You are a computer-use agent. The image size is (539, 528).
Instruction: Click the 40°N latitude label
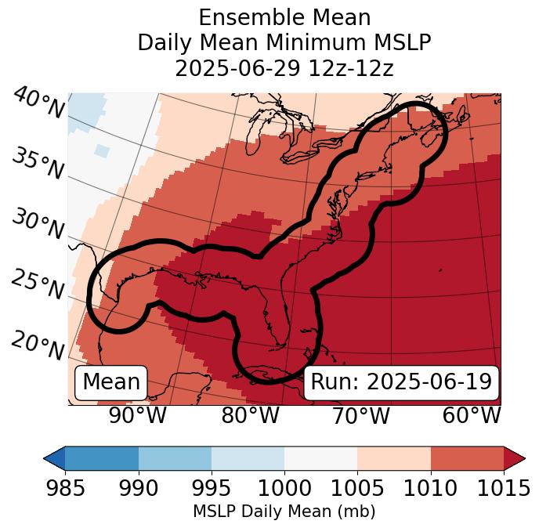coord(38,103)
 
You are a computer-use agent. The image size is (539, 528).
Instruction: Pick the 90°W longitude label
coord(137,416)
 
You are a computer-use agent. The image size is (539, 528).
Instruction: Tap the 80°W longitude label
coord(250,416)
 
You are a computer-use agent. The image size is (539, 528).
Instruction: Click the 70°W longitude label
coord(360,416)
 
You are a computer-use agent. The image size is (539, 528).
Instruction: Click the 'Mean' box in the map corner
coord(111,382)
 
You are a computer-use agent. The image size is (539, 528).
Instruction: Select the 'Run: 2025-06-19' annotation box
coord(401,382)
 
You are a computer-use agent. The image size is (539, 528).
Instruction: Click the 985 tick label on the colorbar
coord(65,488)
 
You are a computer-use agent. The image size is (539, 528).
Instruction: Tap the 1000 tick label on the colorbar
coord(284,488)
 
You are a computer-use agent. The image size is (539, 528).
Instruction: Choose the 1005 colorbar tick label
coord(357,488)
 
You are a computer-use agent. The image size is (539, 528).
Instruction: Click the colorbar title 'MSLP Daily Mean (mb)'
coord(284,512)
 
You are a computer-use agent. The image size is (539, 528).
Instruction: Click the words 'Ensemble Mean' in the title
coord(284,17)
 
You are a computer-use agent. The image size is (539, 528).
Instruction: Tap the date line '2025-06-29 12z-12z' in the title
coord(284,68)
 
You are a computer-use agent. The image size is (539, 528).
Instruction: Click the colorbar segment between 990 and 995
coord(175,457)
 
